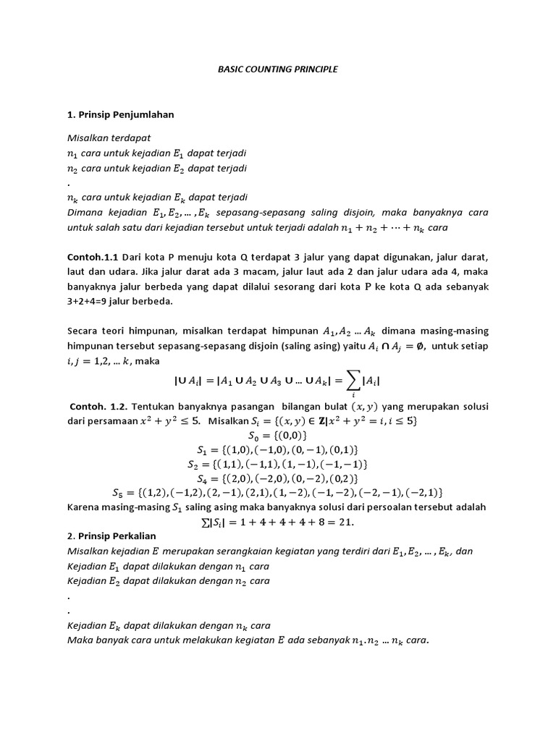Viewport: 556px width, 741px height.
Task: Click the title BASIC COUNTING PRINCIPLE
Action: click(278, 69)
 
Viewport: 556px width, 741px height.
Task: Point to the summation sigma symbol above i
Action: click(353, 379)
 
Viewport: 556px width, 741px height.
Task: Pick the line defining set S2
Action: click(278, 464)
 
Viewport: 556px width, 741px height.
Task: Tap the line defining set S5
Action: click(278, 493)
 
